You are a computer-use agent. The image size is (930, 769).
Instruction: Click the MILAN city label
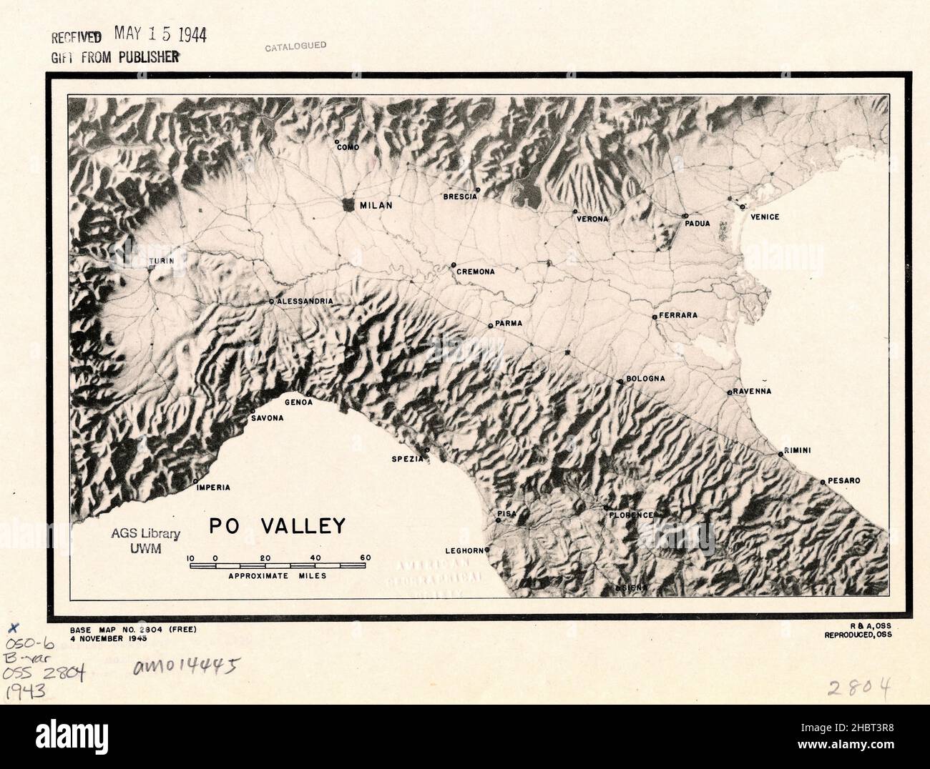(376, 205)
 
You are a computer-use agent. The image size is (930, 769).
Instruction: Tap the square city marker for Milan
(348, 204)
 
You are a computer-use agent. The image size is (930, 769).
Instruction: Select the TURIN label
(161, 262)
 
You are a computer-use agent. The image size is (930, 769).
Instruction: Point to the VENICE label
(764, 217)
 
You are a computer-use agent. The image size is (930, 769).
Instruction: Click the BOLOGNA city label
(645, 378)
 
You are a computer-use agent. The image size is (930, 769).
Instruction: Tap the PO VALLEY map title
(277, 527)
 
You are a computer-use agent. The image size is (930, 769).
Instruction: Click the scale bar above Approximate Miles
(278, 566)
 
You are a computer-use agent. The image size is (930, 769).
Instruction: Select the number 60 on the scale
(366, 557)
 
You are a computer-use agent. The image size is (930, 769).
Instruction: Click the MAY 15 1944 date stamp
(160, 36)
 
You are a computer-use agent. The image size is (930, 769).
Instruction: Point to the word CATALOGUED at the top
(295, 46)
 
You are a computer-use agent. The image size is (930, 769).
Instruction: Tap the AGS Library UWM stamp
(145, 540)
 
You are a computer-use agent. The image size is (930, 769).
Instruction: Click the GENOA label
(298, 402)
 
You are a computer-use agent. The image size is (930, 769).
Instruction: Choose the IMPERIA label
(213, 487)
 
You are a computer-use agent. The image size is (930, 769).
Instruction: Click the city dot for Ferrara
(654, 317)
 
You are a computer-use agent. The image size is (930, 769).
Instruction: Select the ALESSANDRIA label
(304, 302)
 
